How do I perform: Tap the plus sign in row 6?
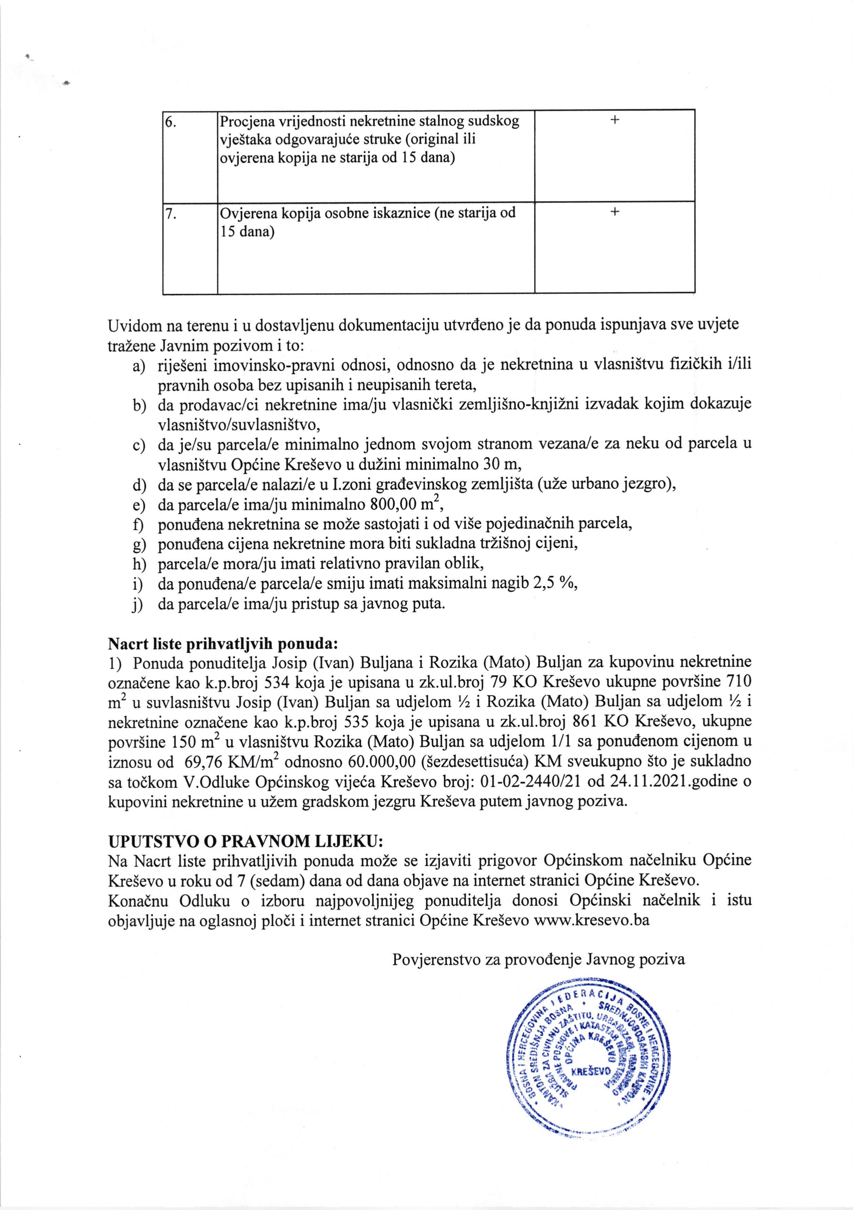pos(614,120)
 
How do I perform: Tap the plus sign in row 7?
pos(614,212)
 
